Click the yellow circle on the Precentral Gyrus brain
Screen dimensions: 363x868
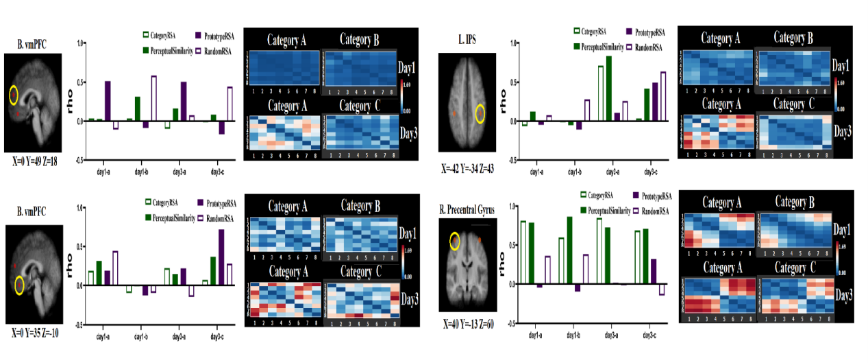tap(454, 241)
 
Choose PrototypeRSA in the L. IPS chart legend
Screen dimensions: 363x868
tap(647, 31)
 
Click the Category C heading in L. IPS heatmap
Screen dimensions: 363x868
tap(791, 105)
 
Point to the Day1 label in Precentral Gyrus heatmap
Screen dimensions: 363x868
tap(843, 229)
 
